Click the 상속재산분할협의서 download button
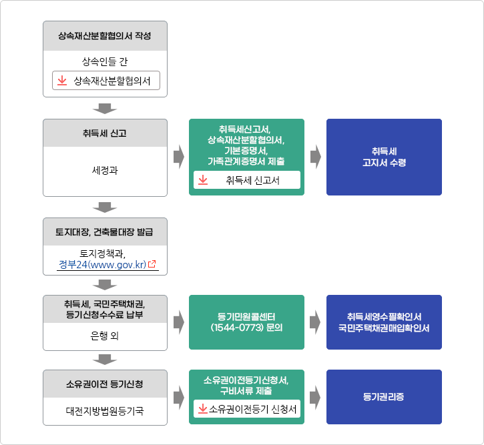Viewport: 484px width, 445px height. tap(106, 81)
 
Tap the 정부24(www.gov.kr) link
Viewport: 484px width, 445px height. tap(102, 265)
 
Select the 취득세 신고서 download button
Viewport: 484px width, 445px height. tap(247, 179)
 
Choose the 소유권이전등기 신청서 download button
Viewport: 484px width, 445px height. tap(247, 409)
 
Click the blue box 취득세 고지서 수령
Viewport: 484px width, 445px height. tap(384, 157)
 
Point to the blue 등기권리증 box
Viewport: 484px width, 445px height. tap(384, 397)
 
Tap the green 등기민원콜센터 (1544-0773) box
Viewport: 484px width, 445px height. tap(246, 322)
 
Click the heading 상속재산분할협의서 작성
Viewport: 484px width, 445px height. tap(105, 36)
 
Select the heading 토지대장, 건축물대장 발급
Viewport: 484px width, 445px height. tap(104, 232)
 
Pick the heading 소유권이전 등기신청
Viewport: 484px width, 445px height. tap(105, 384)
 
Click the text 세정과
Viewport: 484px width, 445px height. tap(105, 170)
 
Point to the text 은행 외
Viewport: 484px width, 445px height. tap(105, 336)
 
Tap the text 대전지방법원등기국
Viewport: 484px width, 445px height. tap(105, 411)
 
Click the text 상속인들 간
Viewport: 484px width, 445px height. tap(105, 61)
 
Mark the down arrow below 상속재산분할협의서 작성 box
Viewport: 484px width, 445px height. tap(105, 109)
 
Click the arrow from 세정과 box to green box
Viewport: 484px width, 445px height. tap(179, 157)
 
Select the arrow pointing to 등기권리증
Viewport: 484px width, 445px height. tap(315, 397)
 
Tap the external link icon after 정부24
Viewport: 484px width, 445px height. tap(152, 264)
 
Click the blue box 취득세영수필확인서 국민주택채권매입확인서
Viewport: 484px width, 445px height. tap(384, 322)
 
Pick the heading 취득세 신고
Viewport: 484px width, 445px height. tap(105, 133)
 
